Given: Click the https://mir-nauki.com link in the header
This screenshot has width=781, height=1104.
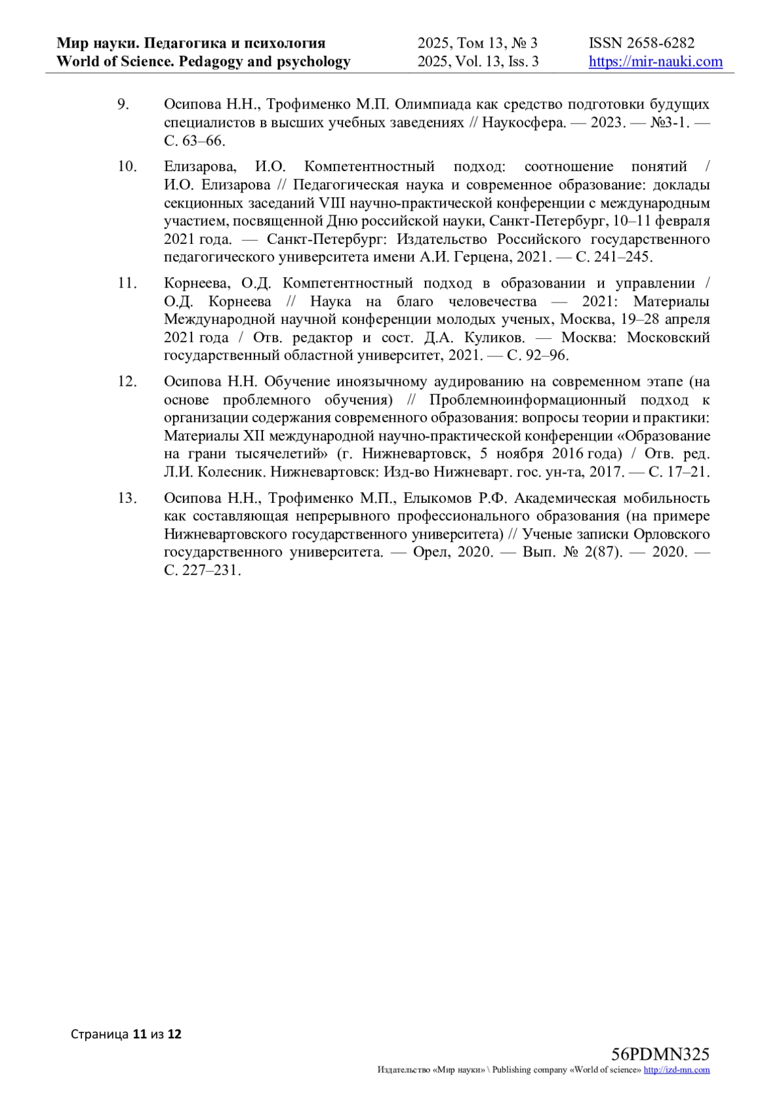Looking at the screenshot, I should (655, 62).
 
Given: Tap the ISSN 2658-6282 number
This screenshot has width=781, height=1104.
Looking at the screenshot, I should (642, 43).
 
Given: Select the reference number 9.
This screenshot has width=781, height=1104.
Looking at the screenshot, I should (123, 104).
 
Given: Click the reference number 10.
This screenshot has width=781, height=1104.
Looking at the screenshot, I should (127, 167).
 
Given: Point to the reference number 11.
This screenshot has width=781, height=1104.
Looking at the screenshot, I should (127, 283).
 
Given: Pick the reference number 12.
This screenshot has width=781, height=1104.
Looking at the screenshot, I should (127, 381).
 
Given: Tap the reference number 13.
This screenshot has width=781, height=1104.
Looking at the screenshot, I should (127, 498).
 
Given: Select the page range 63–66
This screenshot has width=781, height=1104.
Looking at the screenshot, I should (203, 141).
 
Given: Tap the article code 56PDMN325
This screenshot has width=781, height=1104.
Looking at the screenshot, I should (660, 1055).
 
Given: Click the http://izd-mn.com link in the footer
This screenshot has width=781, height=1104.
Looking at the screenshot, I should (677, 1070).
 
